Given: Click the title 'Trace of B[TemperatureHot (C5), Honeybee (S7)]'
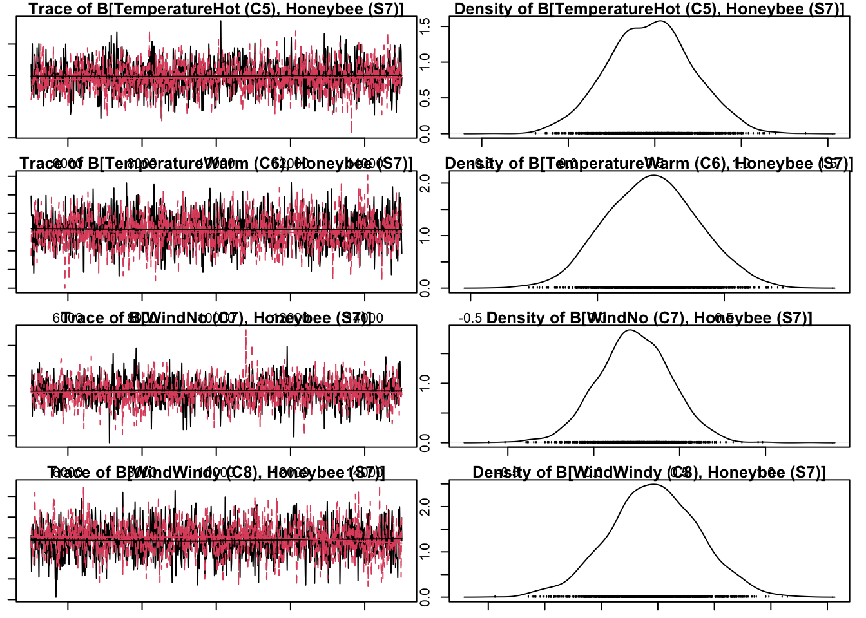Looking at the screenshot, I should (216, 9).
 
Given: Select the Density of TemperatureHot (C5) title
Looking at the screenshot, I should (649, 9).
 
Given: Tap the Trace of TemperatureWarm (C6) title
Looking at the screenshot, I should (216, 164).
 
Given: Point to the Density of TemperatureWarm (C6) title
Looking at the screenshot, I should (649, 164).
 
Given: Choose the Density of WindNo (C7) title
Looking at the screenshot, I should (649, 318).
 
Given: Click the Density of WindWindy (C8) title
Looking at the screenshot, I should (649, 473).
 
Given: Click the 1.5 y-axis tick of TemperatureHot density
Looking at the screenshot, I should (425, 26).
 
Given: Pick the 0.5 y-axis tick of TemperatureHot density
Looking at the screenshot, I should (425, 98).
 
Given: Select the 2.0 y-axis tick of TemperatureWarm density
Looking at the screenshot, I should (425, 183).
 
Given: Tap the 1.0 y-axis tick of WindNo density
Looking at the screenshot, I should (425, 384).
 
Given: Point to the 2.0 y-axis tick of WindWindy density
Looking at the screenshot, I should (425, 507).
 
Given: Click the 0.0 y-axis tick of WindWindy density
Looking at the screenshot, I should (425, 597).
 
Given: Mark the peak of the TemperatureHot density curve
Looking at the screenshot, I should (661, 21).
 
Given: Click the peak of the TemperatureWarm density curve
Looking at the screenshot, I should (654, 175).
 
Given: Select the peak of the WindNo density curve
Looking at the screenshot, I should (629, 330).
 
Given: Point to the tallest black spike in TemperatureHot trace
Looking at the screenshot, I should (221, 21).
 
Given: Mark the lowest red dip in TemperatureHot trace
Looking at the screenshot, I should (351, 131).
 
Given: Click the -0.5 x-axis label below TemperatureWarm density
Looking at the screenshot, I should (470, 318).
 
